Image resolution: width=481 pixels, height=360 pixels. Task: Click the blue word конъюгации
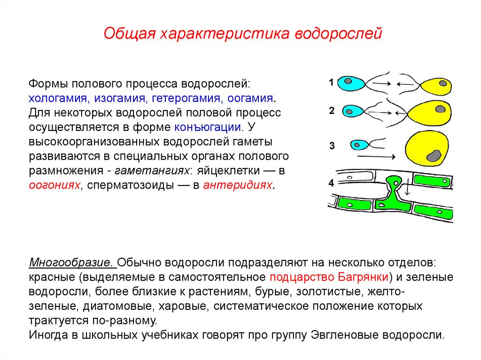(x=208, y=127)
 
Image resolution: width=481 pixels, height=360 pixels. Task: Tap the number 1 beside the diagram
(x=331, y=83)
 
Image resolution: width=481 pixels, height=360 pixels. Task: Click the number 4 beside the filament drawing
(x=331, y=184)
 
